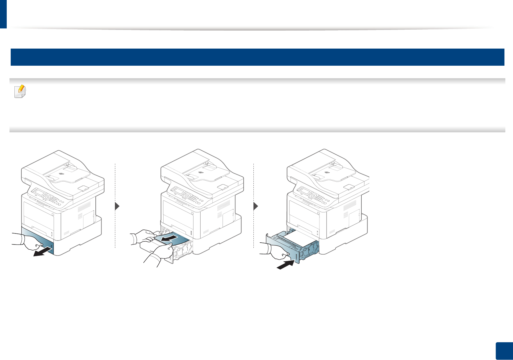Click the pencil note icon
(20, 91)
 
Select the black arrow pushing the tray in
(286, 264)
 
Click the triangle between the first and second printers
(117, 207)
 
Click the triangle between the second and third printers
(256, 207)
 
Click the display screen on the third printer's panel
(304, 192)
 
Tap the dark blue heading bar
(257, 57)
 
